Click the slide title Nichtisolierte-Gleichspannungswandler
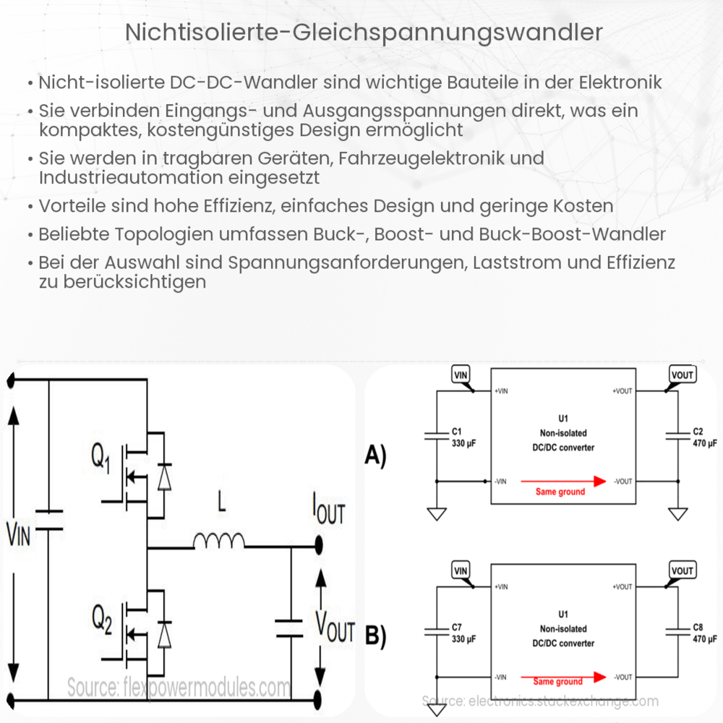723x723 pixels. point(361,32)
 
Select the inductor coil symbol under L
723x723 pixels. point(219,539)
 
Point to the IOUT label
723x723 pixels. point(328,511)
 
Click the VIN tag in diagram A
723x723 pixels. point(461,375)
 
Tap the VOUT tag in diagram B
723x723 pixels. point(682,570)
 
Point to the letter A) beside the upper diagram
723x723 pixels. point(376,456)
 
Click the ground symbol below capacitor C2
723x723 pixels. point(677,514)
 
